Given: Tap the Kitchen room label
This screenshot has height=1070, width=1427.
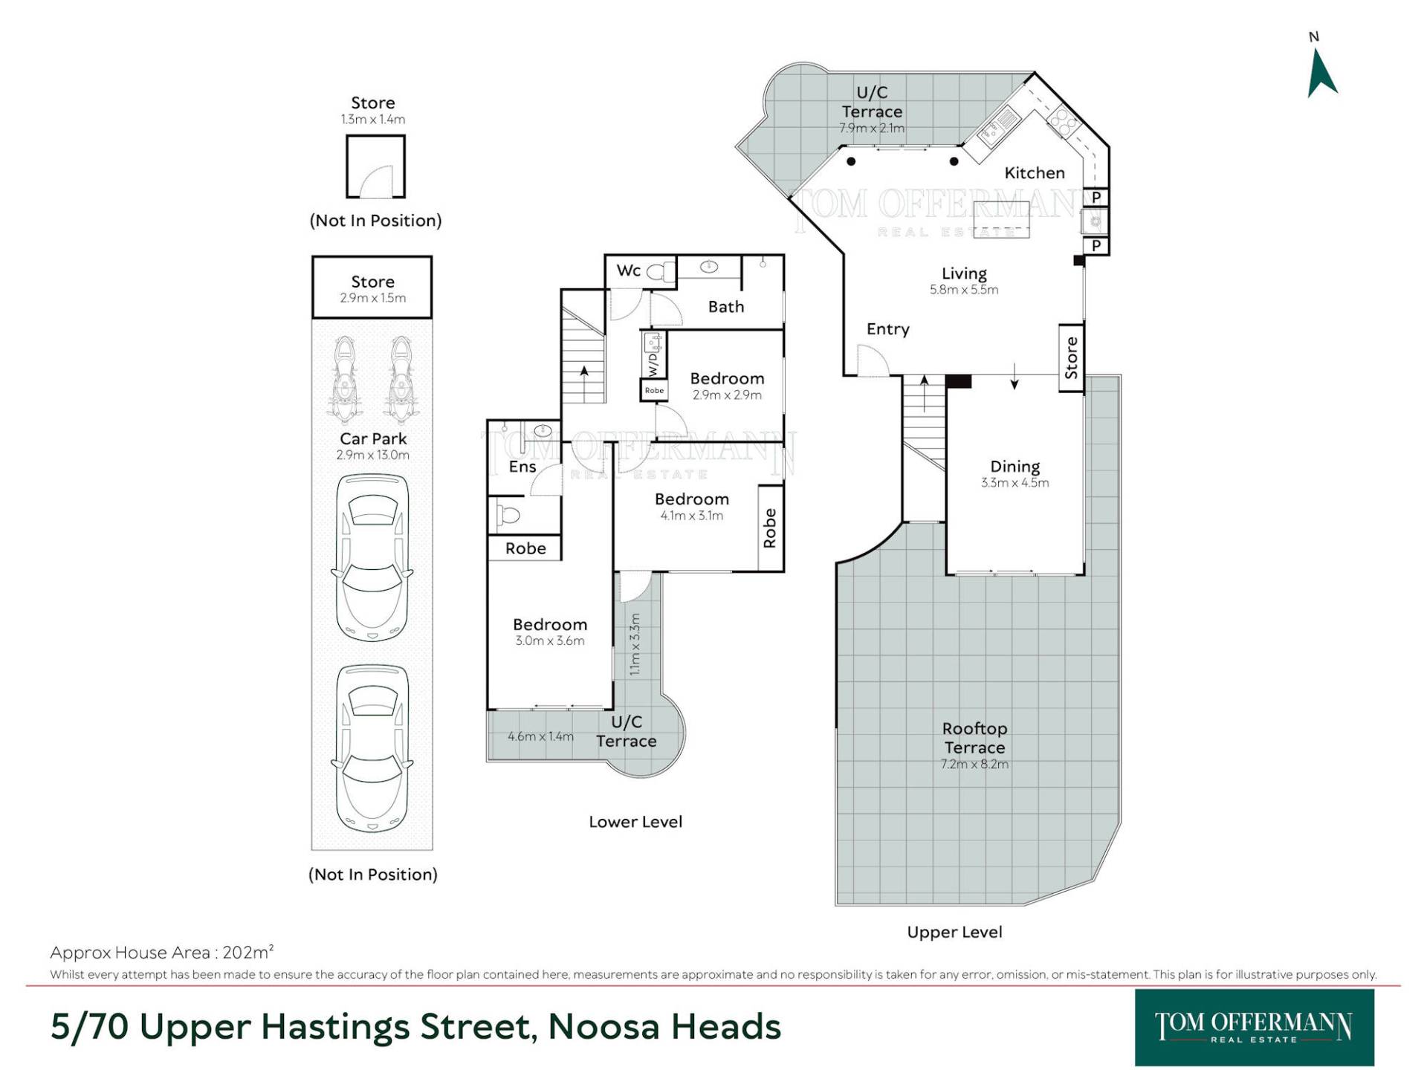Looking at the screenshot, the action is [1035, 173].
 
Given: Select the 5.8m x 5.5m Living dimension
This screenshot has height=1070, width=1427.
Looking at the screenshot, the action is [964, 290].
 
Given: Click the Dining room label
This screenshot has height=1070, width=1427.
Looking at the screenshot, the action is [1015, 467].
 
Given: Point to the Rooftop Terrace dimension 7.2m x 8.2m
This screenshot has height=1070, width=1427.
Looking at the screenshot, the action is [974, 764].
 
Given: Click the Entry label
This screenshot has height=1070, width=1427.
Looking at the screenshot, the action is [887, 329].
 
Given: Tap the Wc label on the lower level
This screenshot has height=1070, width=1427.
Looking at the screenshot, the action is [628, 270].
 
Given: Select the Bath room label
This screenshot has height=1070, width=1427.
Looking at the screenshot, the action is [726, 307].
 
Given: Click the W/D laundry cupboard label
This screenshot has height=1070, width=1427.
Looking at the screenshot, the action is [653, 364].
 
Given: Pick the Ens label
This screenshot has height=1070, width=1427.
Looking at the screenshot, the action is [522, 467].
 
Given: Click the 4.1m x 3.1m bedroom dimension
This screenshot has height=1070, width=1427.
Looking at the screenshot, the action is [691, 516].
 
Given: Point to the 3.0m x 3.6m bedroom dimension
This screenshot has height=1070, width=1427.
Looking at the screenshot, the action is [550, 641].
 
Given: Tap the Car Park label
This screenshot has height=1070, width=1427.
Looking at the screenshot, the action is [373, 439].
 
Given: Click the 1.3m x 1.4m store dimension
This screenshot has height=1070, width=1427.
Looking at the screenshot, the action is [373, 119].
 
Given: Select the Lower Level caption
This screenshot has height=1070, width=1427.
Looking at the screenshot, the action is [635, 822].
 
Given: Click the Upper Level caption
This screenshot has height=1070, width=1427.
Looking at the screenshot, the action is [954, 932].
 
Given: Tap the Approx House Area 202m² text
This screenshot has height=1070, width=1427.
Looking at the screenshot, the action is [162, 952].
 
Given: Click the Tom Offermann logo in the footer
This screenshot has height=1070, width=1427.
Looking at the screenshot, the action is [1254, 1028].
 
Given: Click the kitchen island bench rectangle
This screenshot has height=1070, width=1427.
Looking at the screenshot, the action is [1001, 219].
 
